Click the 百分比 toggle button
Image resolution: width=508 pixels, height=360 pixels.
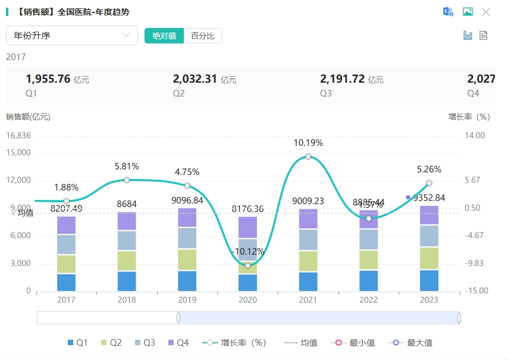[x=203, y=36]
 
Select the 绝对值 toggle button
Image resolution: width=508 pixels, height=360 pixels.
[x=164, y=36]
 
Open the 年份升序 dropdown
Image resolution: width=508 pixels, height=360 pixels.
[x=71, y=36]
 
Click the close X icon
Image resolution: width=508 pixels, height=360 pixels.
[x=486, y=12]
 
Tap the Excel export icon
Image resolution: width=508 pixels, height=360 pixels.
[x=448, y=12]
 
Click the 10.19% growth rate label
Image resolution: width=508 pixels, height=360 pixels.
[x=308, y=143]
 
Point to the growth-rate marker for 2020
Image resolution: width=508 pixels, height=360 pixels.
[x=247, y=265]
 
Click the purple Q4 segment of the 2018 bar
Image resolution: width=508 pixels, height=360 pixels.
[x=127, y=221]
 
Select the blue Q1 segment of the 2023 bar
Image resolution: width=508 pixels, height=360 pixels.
[x=429, y=280]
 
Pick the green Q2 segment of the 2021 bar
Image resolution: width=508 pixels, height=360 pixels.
[x=308, y=261]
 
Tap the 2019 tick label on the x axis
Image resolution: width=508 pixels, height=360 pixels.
[x=187, y=300]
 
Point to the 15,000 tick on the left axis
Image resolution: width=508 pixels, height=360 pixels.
[x=18, y=153]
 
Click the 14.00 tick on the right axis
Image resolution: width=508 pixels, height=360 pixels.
[x=475, y=136]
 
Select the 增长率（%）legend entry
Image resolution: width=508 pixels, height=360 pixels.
[x=234, y=343]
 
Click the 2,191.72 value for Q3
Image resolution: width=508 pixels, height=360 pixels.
[x=342, y=79]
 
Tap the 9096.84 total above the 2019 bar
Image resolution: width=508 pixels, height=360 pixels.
[x=187, y=201]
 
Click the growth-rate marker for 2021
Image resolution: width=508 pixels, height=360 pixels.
[x=308, y=156]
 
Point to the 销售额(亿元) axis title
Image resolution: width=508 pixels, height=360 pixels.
[x=28, y=117]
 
